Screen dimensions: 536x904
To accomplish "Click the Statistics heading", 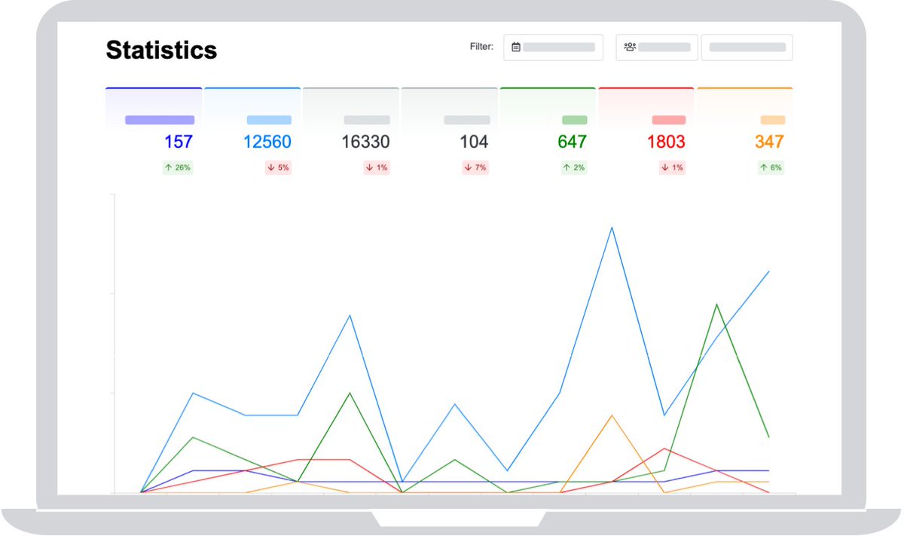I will coord(161,50).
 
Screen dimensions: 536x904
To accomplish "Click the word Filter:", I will coord(481,47).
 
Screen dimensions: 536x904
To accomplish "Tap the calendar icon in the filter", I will coord(516,47).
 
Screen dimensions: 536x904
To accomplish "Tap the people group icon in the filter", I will coord(630,47).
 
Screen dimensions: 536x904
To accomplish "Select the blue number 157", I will coord(178,142).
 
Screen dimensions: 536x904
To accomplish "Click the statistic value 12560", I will coord(267,142).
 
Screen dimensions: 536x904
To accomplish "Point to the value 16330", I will coord(365,142).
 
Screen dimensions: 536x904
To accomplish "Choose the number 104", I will coord(474,142).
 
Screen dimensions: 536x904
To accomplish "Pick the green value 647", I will coord(572,142).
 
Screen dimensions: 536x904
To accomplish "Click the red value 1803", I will coord(666,142).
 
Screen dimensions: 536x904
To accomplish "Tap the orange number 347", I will coord(769,142).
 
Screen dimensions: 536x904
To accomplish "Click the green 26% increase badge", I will coord(178,167).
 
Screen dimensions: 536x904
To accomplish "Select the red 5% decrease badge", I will coord(278,167).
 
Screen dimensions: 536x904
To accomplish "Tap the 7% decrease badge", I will coord(475,167).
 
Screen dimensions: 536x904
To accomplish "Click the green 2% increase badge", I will coord(573,167).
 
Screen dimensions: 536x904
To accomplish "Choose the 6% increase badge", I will coord(771,167).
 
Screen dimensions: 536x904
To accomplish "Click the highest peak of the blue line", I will coord(612,227).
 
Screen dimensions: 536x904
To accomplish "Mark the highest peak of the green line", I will coord(716,305).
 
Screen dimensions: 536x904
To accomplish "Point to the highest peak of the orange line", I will coord(612,415).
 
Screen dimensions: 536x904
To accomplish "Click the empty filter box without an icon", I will coord(747,47).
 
